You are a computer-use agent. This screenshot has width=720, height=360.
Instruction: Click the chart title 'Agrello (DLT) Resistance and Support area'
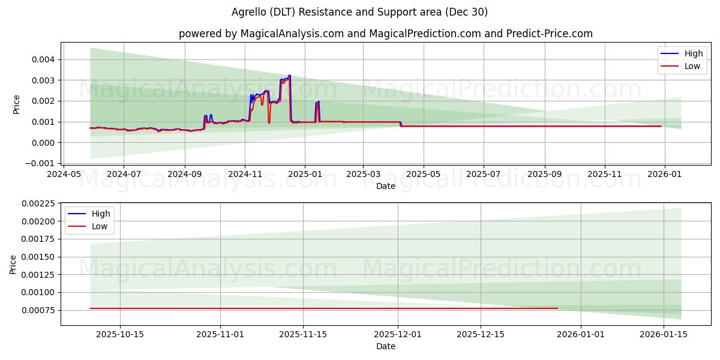point(359,12)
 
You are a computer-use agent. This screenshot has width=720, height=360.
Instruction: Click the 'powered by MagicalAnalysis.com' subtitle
point(385,34)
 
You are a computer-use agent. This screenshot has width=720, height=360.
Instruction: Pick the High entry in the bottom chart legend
point(100,214)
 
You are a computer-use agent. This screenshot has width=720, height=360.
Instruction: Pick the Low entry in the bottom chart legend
point(99,226)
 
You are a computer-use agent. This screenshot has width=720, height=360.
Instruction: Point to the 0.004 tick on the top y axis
point(42,59)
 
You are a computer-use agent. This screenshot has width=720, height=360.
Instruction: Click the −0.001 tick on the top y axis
point(40,163)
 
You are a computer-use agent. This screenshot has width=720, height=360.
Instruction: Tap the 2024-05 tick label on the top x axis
point(64,174)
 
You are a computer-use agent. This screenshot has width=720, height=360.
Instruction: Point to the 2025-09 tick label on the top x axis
point(545,174)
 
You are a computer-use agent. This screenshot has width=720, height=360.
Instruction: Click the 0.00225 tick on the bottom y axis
point(37,204)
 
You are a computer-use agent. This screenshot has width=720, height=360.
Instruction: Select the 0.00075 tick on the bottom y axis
point(37,310)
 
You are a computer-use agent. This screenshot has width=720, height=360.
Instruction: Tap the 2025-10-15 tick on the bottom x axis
point(120,334)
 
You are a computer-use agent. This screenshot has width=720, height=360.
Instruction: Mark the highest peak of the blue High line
point(290,76)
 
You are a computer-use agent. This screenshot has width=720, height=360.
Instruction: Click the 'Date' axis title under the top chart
point(385,186)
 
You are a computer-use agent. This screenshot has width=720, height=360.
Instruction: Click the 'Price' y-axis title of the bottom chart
point(13,265)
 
